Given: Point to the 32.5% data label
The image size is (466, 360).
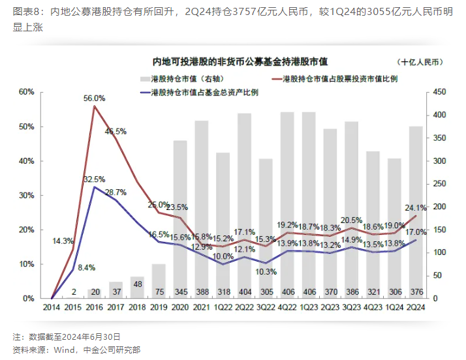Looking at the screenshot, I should click(94, 179).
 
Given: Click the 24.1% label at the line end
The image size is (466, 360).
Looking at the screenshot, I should click(416, 208).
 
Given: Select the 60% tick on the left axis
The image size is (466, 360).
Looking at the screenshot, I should click(26, 92).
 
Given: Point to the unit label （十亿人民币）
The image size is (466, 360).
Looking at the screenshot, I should click(418, 61).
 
